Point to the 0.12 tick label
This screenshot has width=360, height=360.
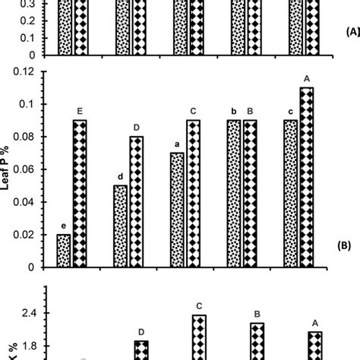click(29, 71)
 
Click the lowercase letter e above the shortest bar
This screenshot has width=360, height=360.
click(65, 226)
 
